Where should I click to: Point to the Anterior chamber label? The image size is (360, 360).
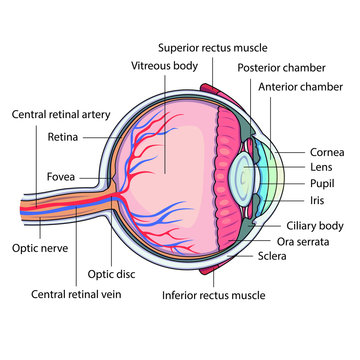pyautogui.click(x=299, y=87)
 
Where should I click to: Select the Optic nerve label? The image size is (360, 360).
pyautogui.click(x=38, y=247)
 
